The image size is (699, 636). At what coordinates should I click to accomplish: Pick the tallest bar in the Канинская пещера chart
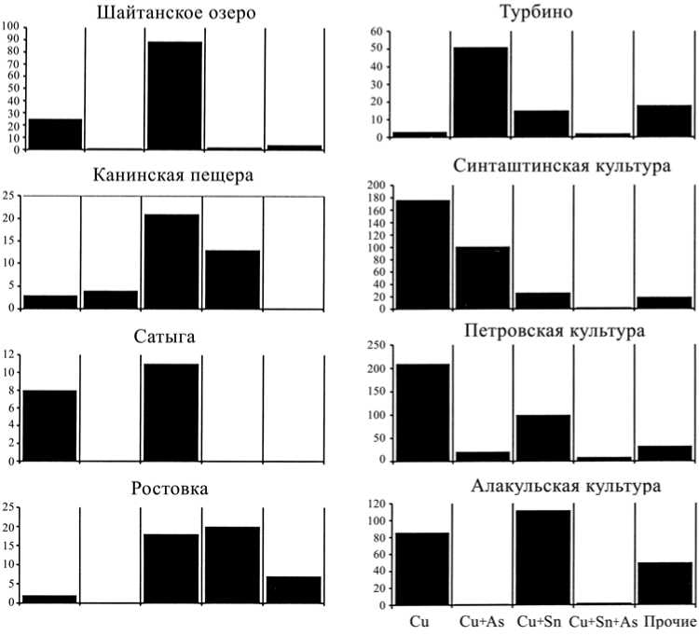pyautogui.click(x=171, y=261)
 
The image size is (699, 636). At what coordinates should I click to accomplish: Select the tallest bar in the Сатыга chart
pyautogui.click(x=171, y=411)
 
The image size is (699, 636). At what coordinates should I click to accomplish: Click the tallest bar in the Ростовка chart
pyautogui.click(x=232, y=564)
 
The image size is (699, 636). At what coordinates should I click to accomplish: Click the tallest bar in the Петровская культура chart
pyautogui.click(x=423, y=411)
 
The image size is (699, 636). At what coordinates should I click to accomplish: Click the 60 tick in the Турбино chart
pyautogui.click(x=377, y=31)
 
